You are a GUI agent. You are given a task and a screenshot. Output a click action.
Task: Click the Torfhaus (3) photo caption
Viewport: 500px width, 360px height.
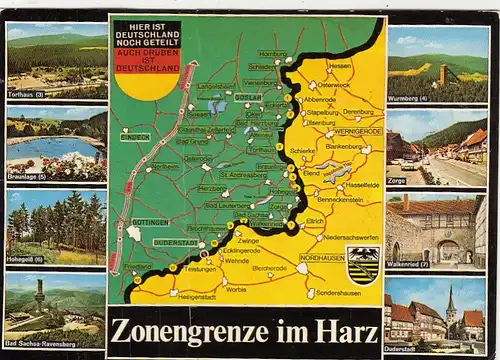coord(26,95)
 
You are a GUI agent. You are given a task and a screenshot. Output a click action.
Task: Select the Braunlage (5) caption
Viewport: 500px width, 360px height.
coord(28,176)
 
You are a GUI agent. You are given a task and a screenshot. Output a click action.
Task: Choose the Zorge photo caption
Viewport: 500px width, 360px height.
coord(397,182)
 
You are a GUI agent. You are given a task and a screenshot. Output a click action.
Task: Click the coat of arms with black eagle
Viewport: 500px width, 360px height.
coord(362,265)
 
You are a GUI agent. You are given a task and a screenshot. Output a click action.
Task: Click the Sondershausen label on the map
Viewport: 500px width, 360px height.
coord(335,294)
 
